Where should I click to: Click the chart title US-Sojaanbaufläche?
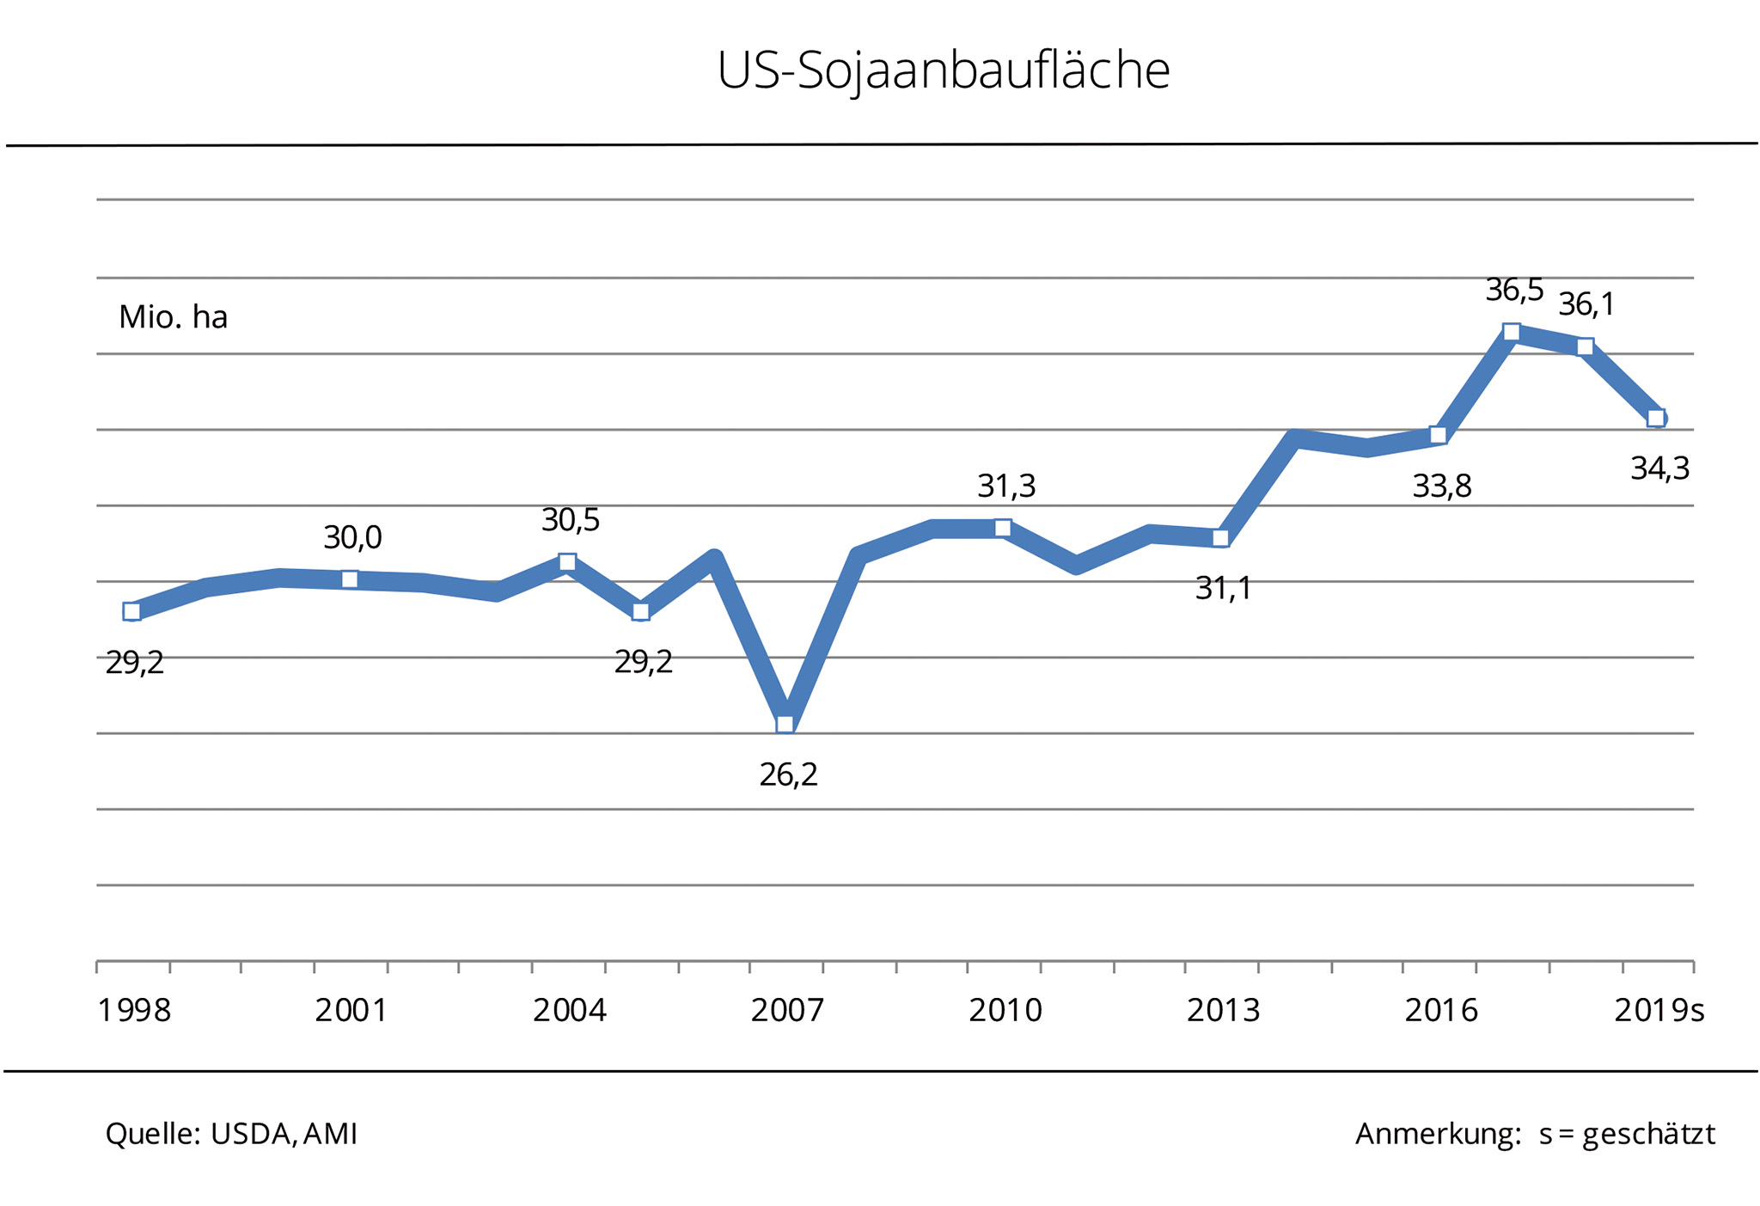[x=943, y=70]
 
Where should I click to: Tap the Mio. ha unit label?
[x=173, y=318]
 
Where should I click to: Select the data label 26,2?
[x=788, y=775]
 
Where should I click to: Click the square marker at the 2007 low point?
[x=785, y=724]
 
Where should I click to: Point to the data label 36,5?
[x=1514, y=291]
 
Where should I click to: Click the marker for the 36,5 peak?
[x=1512, y=332]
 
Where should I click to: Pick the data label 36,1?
[x=1586, y=304]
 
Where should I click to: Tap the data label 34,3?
[x=1659, y=469]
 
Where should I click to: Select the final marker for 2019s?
[x=1656, y=419]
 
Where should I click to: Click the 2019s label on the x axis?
[x=1659, y=1011]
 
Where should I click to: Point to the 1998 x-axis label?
[x=134, y=1011]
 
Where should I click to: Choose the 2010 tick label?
[x=1005, y=1011]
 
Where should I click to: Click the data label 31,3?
[x=1006, y=487]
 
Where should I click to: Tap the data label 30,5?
[x=570, y=521]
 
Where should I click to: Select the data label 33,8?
[x=1442, y=487]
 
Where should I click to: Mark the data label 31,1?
[x=1223, y=589]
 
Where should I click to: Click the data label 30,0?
[x=352, y=538]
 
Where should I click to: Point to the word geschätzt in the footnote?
[x=1648, y=1135]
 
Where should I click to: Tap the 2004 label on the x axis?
[x=569, y=1011]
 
